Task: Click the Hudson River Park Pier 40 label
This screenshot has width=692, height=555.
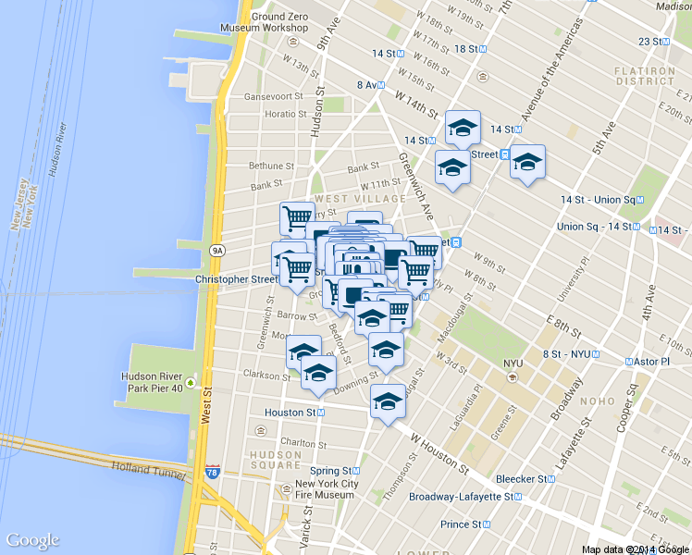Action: pyautogui.click(x=153, y=382)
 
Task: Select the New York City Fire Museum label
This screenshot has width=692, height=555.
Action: pyautogui.click(x=326, y=489)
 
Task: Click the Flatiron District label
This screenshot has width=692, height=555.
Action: pyautogui.click(x=644, y=76)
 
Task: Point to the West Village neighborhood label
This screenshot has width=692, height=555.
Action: pyautogui.click(x=360, y=199)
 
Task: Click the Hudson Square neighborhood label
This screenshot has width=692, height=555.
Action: pyautogui.click(x=275, y=460)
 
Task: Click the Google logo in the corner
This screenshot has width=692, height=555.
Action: pyautogui.click(x=32, y=540)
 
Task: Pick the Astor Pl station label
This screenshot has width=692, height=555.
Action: pyautogui.click(x=651, y=361)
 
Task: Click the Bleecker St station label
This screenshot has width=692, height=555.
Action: pyautogui.click(x=522, y=479)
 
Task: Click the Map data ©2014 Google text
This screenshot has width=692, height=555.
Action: pyautogui.click(x=636, y=549)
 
